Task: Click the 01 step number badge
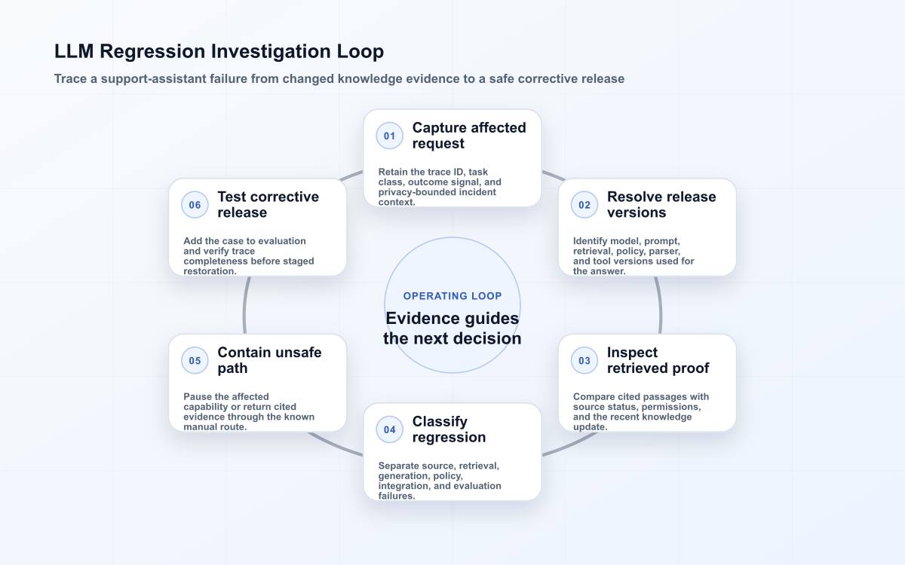(389, 136)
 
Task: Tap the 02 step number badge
(584, 205)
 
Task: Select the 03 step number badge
(584, 360)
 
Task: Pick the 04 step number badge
(389, 430)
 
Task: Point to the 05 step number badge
(195, 360)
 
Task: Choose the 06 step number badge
(195, 205)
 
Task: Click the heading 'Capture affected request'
(469, 136)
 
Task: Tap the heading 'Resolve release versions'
(661, 205)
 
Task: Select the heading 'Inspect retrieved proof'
(658, 360)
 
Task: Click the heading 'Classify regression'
(449, 429)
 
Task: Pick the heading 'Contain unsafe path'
(269, 360)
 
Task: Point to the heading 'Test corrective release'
(268, 205)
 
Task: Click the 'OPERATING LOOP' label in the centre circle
(452, 296)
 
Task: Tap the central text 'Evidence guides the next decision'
(452, 328)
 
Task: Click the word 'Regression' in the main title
(152, 52)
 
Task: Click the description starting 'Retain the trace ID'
(440, 187)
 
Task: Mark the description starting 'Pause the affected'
(249, 411)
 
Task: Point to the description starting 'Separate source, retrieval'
(440, 481)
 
